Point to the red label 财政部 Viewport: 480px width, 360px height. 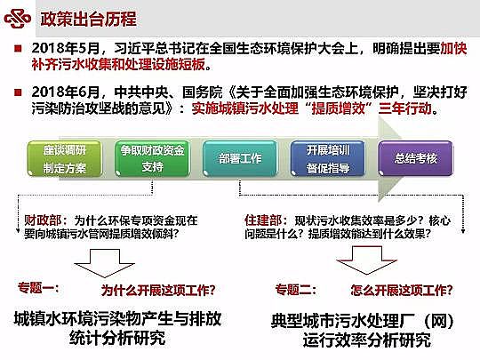pyautogui.click(x=42, y=218)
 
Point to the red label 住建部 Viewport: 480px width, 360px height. pyautogui.click(x=261, y=218)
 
